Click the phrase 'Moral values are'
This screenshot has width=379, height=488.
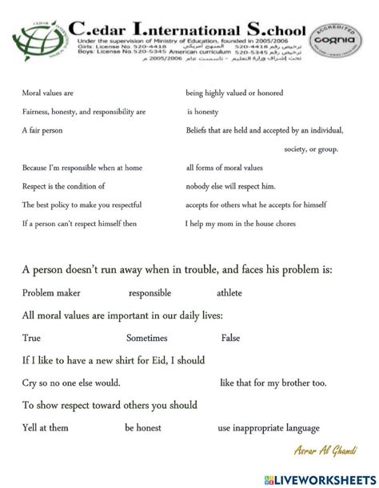[47, 93]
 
